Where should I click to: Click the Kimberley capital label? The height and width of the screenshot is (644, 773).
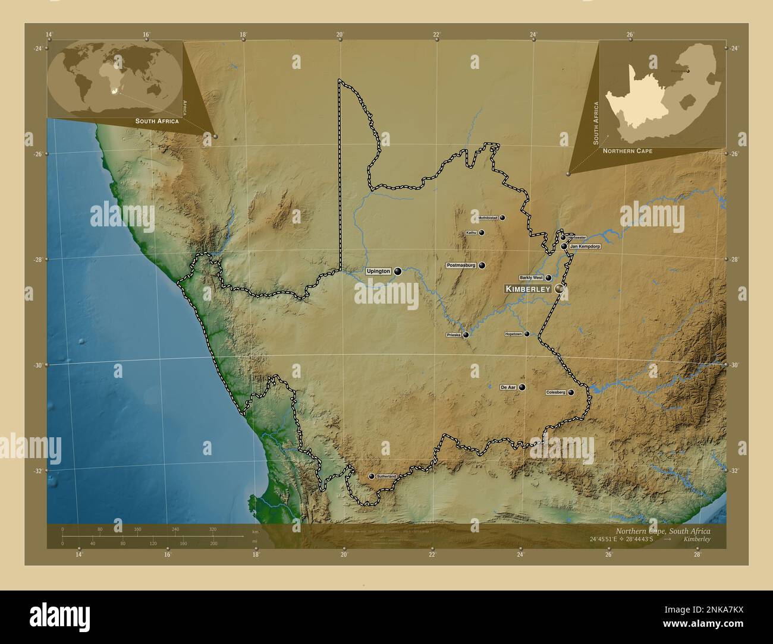coord(528,289)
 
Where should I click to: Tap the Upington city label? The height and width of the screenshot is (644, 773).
coord(378,272)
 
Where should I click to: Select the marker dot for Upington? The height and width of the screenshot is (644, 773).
coord(397,272)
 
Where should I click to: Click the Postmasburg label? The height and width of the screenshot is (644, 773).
coord(461,265)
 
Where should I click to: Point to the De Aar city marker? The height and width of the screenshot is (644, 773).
coord(521,387)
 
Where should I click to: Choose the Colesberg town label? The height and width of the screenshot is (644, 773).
coord(556,393)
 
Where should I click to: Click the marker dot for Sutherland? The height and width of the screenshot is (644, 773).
coord(372,476)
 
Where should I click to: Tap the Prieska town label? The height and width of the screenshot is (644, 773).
coord(454,335)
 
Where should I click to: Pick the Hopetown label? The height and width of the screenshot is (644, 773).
coord(513,334)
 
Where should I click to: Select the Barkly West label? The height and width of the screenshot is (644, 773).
coord(531,277)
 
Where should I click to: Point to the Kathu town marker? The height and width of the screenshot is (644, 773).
coord(481,233)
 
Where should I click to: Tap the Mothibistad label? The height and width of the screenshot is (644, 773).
coord(488,218)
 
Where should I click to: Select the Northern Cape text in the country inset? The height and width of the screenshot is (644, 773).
coord(627,151)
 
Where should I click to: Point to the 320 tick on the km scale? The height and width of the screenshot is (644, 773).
coord(213,529)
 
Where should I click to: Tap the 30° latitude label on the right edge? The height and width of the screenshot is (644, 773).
coord(734,365)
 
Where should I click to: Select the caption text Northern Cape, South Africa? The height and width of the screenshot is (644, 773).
coord(662,531)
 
